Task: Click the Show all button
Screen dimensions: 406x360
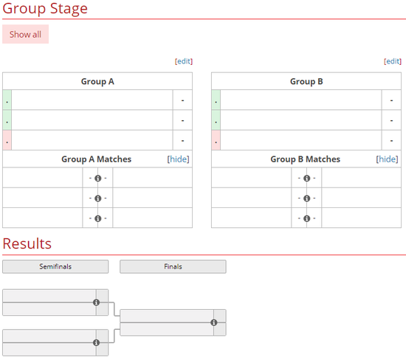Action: (x=25, y=34)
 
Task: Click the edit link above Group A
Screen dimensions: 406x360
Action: (x=184, y=61)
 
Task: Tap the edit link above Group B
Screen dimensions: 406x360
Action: (x=393, y=61)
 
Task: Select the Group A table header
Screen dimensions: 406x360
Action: (x=97, y=82)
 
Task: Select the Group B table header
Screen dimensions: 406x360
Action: (x=306, y=82)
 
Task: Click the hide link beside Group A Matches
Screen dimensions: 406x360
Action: (x=178, y=159)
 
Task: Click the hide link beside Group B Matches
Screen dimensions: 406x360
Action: (x=387, y=159)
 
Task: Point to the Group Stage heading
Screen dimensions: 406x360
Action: (x=45, y=9)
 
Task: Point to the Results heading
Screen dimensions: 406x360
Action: (x=27, y=243)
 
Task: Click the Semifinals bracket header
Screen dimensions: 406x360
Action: (x=55, y=266)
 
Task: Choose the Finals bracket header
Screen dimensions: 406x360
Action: (x=173, y=266)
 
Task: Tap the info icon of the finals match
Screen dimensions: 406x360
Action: (x=214, y=322)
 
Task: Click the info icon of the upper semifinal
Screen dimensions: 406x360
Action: (x=96, y=302)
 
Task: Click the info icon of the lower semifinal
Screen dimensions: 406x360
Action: (x=96, y=342)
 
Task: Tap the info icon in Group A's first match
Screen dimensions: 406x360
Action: (x=98, y=179)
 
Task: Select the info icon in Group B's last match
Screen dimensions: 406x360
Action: (x=307, y=218)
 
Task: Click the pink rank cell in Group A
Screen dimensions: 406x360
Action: (x=7, y=140)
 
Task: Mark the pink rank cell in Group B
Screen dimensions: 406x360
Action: (x=216, y=140)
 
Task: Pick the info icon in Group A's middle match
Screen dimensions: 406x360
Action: (x=98, y=198)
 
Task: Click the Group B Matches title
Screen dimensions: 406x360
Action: (x=306, y=159)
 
